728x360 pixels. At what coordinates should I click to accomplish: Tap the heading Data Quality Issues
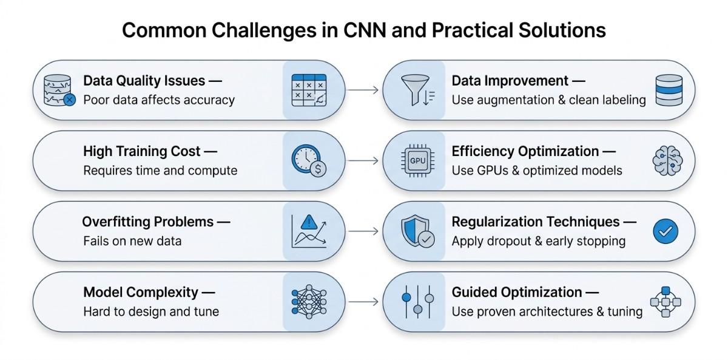point(144,81)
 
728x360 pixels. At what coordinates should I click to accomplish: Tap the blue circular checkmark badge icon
point(665,231)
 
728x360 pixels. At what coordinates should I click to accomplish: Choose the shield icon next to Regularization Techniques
point(416,232)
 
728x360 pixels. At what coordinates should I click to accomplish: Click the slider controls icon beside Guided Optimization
point(417,302)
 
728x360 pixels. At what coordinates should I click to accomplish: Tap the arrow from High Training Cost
point(366,161)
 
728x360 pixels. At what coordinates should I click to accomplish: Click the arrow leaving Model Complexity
point(366,302)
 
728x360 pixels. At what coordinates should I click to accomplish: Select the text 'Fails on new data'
point(132,241)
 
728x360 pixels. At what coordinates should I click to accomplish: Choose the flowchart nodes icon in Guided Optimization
point(666,302)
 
